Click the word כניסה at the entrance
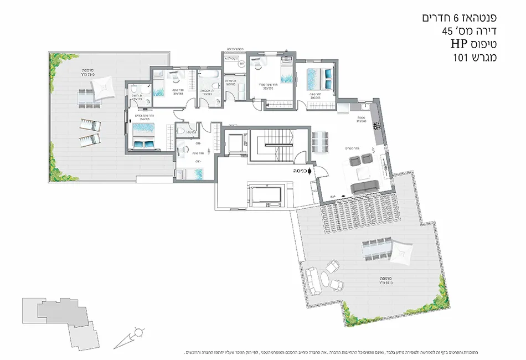(297, 172)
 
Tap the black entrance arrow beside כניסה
(310, 172)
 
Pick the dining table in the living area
(320, 141)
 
